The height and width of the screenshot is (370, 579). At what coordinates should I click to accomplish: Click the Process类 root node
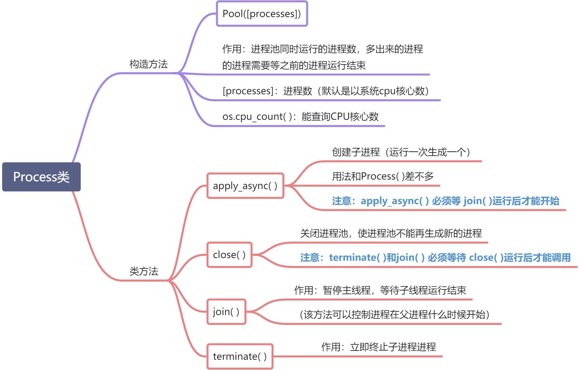tap(41, 177)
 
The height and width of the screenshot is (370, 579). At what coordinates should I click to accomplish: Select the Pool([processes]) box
tap(262, 14)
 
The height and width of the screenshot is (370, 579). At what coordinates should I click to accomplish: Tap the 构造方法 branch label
tap(149, 64)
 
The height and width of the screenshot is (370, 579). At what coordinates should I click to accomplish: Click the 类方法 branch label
tap(144, 271)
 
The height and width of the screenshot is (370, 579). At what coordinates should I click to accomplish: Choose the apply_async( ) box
tap(245, 186)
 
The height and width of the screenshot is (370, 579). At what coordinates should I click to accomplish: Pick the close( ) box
tap(229, 255)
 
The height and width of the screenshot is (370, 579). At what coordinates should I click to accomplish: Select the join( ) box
tap(226, 312)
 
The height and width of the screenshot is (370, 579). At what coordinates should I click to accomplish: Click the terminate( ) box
tap(240, 356)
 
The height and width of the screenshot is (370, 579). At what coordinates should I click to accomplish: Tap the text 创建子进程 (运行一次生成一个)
tap(401, 152)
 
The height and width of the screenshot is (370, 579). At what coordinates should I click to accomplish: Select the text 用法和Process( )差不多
tap(383, 176)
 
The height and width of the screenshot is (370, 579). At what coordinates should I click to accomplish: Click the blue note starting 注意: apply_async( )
tap(446, 201)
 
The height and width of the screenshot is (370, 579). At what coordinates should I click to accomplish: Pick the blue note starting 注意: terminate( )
tap(435, 258)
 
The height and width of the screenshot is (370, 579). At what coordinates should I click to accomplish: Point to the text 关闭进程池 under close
tap(391, 233)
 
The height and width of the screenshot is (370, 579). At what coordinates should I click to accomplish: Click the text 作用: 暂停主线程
tap(380, 290)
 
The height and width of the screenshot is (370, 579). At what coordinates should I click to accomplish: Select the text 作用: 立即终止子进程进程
tap(378, 347)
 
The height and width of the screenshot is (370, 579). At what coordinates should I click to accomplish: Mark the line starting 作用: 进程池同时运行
tap(323, 49)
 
